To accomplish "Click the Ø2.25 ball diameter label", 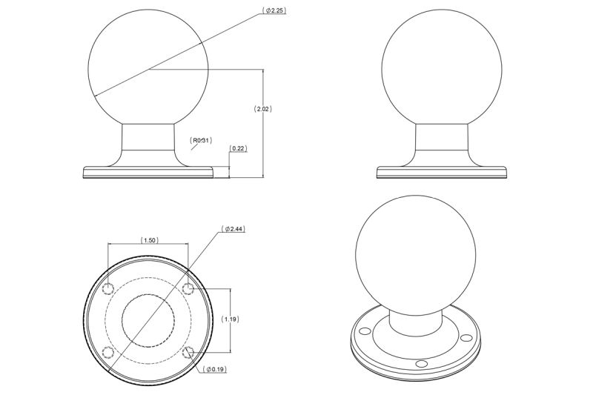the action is point(274,10).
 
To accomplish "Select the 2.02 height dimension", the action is point(262,109).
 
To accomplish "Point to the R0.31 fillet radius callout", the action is point(200,141).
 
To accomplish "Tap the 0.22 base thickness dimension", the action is point(238,148).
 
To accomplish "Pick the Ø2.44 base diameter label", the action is point(233,229).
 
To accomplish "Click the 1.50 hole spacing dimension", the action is point(150,240).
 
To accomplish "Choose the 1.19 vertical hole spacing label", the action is point(230,319).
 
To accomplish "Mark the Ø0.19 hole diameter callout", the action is point(215,369).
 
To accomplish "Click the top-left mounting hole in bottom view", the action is point(108,289).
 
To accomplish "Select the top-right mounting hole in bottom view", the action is point(188,289).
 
